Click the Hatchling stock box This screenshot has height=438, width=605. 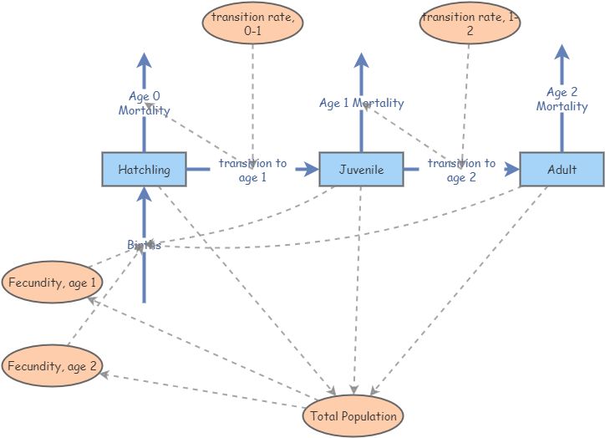[x=144, y=170]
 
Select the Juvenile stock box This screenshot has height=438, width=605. [x=361, y=170]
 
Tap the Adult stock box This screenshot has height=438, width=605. [x=562, y=170]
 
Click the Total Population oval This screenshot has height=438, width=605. [x=353, y=415]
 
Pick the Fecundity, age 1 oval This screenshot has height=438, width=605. [x=53, y=283]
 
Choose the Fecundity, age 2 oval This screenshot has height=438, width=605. [x=53, y=366]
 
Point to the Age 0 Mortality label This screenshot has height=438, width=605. [x=144, y=103]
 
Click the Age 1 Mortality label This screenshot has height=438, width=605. [x=361, y=103]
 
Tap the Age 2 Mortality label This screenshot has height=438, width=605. [x=562, y=99]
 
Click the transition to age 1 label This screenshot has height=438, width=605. [x=252, y=170]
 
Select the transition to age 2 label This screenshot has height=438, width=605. [x=461, y=170]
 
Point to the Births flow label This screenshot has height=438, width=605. [x=144, y=245]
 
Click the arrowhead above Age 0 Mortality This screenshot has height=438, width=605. [x=144, y=60]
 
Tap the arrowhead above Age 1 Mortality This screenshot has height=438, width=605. [x=361, y=60]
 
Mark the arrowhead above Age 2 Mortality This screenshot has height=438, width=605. [x=562, y=52]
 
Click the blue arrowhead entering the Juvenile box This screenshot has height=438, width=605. [x=311, y=170]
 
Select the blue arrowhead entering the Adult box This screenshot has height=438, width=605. [x=511, y=170]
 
